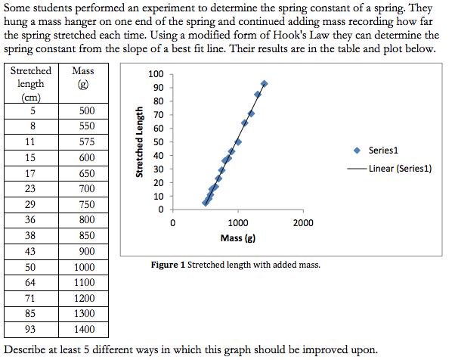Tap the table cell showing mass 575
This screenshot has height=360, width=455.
(87, 141)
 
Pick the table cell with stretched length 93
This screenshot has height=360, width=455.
(31, 329)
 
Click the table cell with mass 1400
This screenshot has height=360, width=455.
(87, 329)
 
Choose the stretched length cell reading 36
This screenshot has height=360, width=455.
(31, 220)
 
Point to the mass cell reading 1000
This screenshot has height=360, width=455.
(87, 267)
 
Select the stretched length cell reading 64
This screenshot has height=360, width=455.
(31, 283)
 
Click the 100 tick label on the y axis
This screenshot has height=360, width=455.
(156, 74)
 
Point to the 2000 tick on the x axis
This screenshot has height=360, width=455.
(303, 224)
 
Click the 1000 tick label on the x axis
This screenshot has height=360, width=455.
(237, 224)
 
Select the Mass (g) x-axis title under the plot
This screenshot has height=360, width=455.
(237, 239)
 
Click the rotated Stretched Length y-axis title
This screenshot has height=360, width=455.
(140, 142)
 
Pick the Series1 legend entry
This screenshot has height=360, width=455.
(383, 151)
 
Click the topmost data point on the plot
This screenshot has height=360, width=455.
(264, 83)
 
